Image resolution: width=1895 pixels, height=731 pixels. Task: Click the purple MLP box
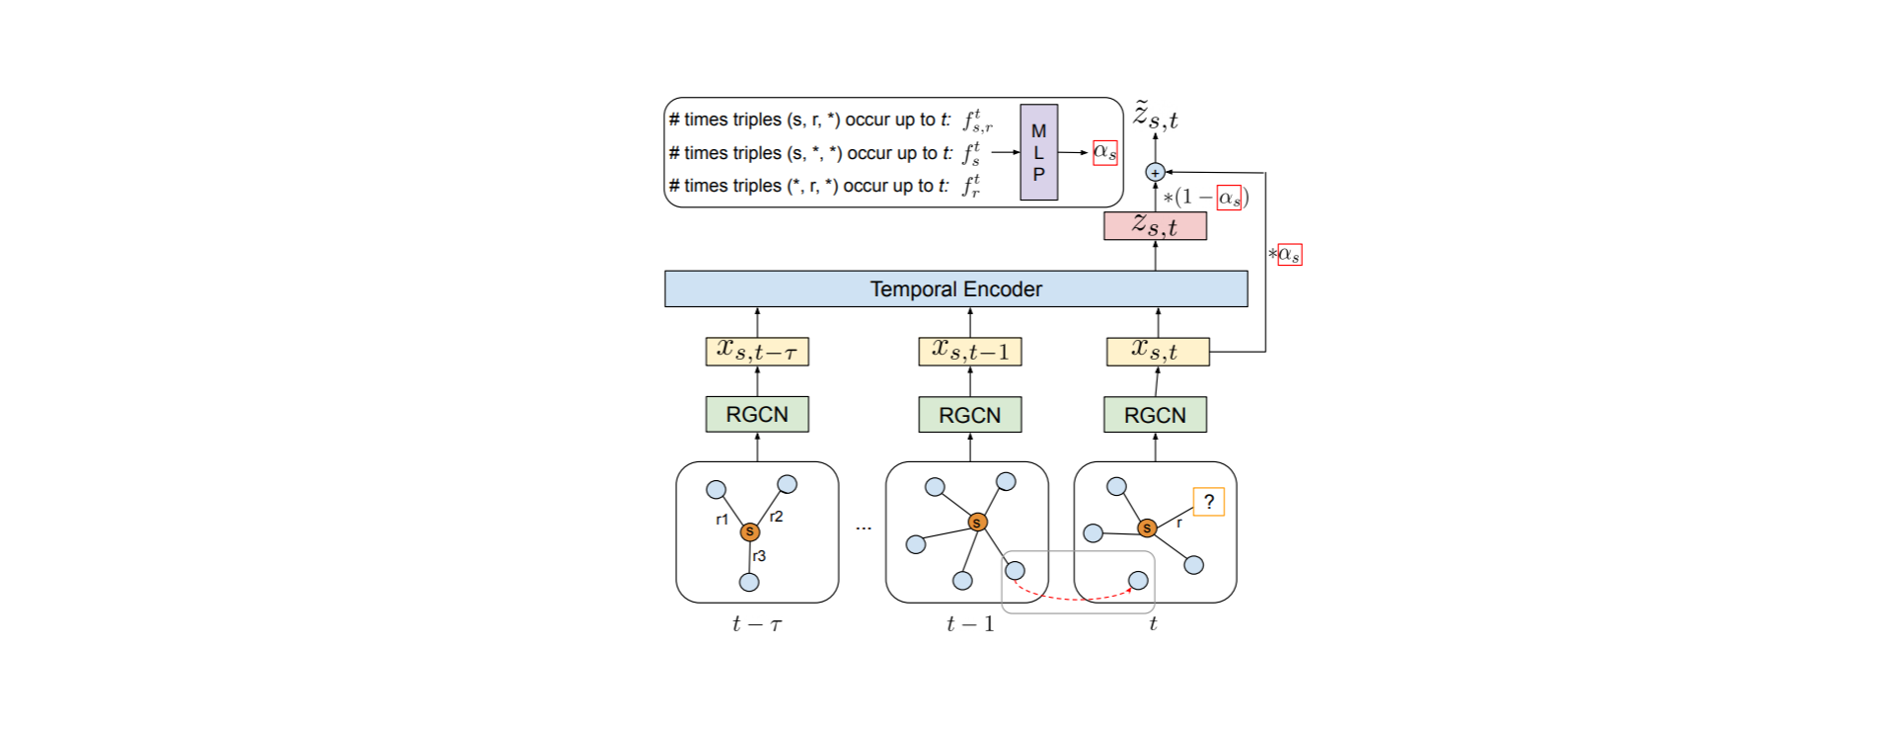[1038, 152]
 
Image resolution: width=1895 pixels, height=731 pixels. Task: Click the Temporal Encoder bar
[955, 288]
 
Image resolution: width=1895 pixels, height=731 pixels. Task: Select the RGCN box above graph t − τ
[757, 414]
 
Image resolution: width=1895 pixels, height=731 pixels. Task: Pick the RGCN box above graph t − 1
[969, 415]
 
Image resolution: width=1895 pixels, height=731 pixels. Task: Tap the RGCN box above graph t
[1155, 415]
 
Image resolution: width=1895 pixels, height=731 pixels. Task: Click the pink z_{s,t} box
[1155, 225]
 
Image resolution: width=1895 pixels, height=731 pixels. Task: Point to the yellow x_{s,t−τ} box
[757, 352]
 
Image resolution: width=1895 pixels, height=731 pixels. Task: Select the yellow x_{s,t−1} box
[969, 352]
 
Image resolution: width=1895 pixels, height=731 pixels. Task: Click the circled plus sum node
[1155, 172]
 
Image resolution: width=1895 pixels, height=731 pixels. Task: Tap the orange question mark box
[1208, 502]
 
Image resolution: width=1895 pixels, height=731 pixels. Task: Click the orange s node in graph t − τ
[750, 531]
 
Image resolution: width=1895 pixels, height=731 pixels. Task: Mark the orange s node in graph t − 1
[977, 522]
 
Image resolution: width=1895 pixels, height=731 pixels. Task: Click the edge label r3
[759, 556]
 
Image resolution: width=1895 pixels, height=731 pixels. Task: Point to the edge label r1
[722, 519]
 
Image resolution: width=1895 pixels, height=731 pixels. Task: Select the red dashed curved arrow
[1074, 597]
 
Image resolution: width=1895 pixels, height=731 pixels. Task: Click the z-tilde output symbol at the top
[1155, 117]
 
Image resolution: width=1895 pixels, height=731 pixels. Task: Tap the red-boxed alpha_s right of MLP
[1105, 152]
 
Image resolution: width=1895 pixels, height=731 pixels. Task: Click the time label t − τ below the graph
[757, 624]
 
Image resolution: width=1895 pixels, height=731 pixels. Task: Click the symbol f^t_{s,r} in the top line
[977, 121]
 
